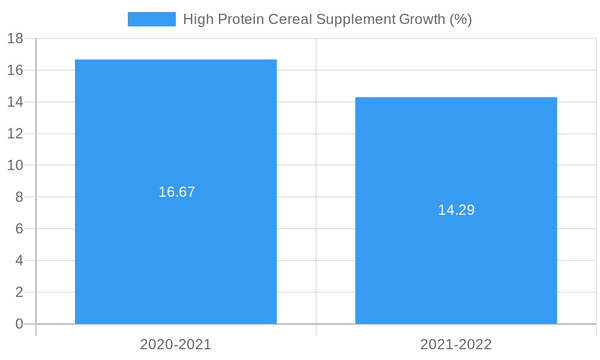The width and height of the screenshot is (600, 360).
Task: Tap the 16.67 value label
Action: [177, 192]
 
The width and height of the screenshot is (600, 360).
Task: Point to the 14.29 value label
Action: [456, 210]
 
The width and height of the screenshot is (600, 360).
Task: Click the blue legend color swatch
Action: [152, 19]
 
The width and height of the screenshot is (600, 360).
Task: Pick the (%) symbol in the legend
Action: [461, 19]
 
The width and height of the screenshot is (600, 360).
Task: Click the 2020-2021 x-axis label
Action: [176, 344]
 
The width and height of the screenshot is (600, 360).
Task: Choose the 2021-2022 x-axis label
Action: [456, 344]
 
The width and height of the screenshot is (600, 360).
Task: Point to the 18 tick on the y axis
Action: [15, 39]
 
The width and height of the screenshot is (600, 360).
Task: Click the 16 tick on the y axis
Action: [15, 70]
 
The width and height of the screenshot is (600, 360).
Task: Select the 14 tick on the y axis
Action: [15, 102]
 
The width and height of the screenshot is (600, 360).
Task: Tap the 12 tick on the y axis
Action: [15, 134]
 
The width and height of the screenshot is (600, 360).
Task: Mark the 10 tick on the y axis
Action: [15, 166]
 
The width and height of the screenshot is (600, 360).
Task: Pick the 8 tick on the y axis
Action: [19, 197]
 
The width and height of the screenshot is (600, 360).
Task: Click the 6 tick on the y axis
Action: [19, 229]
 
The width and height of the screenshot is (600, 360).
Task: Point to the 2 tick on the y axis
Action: [19, 292]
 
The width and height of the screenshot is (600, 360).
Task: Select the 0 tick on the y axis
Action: [19, 324]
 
